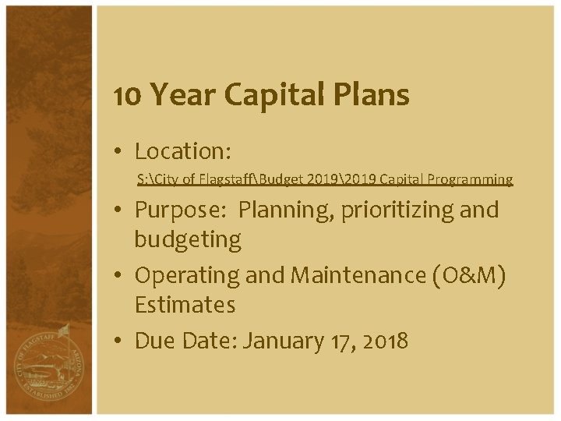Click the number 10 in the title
(x=128, y=95)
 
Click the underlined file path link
(x=325, y=180)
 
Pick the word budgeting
(x=188, y=239)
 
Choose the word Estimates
(x=185, y=305)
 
